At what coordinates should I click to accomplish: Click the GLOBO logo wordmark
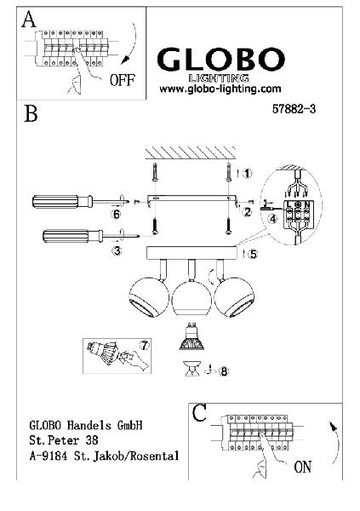pyautogui.click(x=221, y=60)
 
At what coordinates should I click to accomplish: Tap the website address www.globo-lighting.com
pyautogui.click(x=220, y=89)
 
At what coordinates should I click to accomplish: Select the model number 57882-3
pyautogui.click(x=294, y=109)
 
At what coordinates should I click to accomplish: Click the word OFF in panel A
pyautogui.click(x=123, y=80)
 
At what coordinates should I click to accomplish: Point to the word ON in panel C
pyautogui.click(x=303, y=467)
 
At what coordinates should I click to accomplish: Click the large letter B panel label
pyautogui.click(x=31, y=113)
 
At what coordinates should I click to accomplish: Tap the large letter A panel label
pyautogui.click(x=29, y=20)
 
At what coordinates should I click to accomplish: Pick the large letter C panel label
pyautogui.click(x=199, y=413)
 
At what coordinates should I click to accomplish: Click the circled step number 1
pyautogui.click(x=248, y=174)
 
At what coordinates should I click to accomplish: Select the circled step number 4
pyautogui.click(x=272, y=219)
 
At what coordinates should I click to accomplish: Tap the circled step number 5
pyautogui.click(x=253, y=254)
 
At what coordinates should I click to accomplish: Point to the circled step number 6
pyautogui.click(x=117, y=214)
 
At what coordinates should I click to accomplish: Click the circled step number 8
pyautogui.click(x=224, y=371)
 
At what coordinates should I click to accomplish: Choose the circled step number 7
pyautogui.click(x=145, y=345)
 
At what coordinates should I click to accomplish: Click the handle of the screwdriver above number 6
pyautogui.click(x=62, y=201)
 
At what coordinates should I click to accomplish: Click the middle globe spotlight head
pyautogui.click(x=191, y=298)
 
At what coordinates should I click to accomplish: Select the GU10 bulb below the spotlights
pyautogui.click(x=191, y=336)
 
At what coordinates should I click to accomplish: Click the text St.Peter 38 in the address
pyautogui.click(x=64, y=440)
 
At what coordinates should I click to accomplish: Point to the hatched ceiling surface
pyautogui.click(x=191, y=152)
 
